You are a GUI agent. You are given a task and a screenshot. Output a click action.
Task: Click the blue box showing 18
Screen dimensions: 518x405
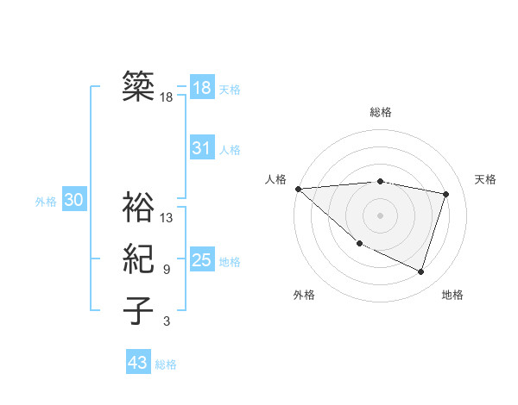click(201, 87)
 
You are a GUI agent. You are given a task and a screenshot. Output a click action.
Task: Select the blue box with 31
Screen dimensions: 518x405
click(201, 148)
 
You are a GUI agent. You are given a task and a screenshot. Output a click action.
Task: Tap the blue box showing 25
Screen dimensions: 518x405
click(201, 260)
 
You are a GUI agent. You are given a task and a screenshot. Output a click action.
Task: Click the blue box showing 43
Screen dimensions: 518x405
click(138, 363)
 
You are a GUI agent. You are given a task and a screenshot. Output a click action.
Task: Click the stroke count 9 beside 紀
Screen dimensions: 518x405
click(166, 270)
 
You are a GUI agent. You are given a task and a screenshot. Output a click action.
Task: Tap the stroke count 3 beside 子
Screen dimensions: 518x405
click(166, 322)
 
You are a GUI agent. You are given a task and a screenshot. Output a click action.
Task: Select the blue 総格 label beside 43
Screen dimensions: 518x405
click(166, 364)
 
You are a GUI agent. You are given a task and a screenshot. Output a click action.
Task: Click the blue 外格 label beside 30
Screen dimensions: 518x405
click(46, 202)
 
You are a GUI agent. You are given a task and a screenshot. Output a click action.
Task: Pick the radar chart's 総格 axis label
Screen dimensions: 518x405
click(380, 112)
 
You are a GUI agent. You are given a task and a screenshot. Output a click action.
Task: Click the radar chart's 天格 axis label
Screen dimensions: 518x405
click(485, 179)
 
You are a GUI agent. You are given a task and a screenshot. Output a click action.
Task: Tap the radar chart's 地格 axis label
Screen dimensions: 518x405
click(452, 295)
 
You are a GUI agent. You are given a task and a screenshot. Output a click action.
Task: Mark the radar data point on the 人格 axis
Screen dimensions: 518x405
click(298, 189)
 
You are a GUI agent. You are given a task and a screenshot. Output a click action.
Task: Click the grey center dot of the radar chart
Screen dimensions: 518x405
click(380, 215)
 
